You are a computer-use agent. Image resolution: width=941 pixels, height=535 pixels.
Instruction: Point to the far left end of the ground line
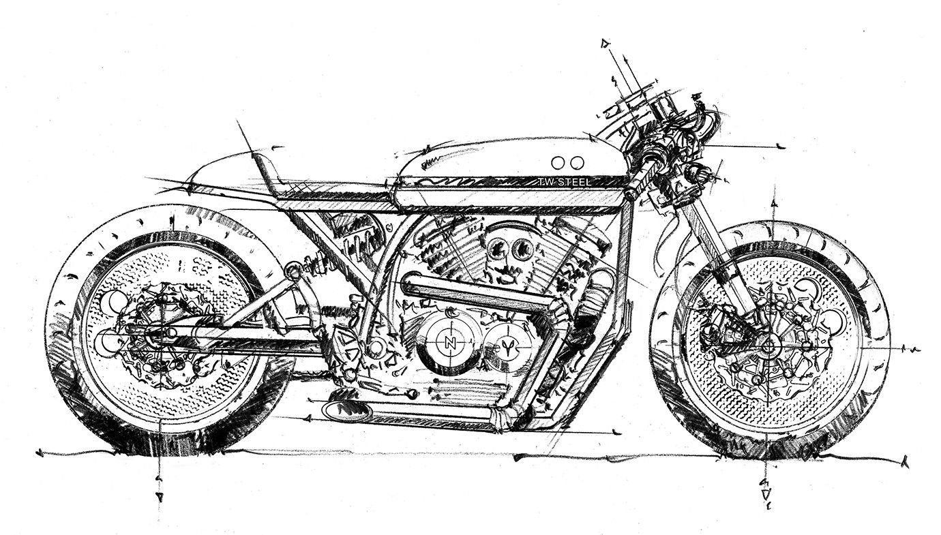click(38, 453)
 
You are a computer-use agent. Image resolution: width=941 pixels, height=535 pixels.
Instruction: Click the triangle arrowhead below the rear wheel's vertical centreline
click(159, 497)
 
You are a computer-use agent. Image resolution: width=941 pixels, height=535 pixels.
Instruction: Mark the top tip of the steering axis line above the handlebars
click(605, 42)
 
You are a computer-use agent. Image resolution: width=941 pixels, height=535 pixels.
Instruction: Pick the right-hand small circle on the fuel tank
click(578, 162)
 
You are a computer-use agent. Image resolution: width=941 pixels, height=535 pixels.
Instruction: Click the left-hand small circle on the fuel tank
click(558, 162)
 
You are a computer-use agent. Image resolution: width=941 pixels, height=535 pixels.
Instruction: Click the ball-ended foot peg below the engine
click(413, 393)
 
